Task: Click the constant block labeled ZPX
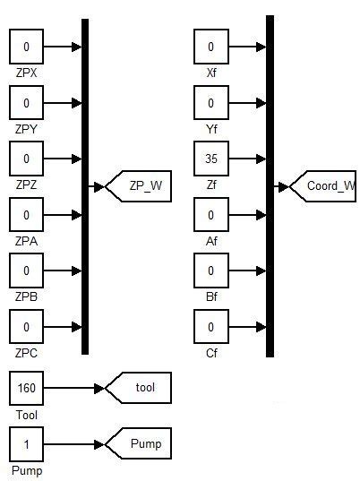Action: pyautogui.click(x=26, y=47)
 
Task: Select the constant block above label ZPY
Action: pyautogui.click(x=26, y=103)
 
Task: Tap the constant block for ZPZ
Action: pyautogui.click(x=26, y=159)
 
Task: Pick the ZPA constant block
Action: pyautogui.click(x=26, y=215)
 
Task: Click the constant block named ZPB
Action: pyautogui.click(x=26, y=271)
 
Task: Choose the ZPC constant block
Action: pyautogui.click(x=26, y=327)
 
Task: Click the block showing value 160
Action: pyautogui.click(x=26, y=389)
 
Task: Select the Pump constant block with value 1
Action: pyautogui.click(x=26, y=444)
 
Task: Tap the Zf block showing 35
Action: pyautogui.click(x=211, y=159)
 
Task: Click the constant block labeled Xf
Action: pyautogui.click(x=211, y=47)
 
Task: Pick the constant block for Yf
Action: pyautogui.click(x=211, y=103)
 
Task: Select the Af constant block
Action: pyautogui.click(x=211, y=215)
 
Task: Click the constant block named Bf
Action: pyautogui.click(x=211, y=271)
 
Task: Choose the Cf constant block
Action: pyautogui.click(x=211, y=327)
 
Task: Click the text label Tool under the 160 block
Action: pyautogui.click(x=26, y=415)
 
